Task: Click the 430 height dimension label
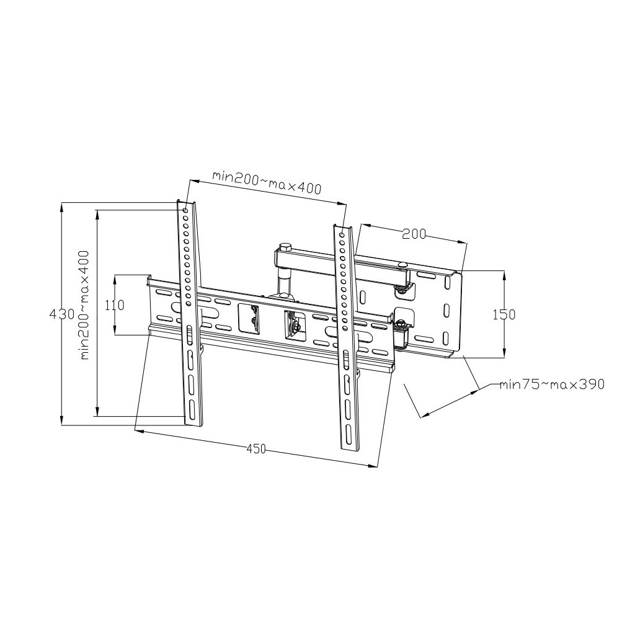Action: coord(62,314)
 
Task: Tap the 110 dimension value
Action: coord(115,305)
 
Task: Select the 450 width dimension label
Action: coord(256,448)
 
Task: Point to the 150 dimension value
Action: coord(504,314)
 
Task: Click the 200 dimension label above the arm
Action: coord(414,234)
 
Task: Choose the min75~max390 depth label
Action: coord(551,384)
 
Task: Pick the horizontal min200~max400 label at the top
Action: coord(267,182)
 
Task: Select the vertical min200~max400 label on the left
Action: coord(84,305)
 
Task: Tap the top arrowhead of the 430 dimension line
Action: coord(62,208)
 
